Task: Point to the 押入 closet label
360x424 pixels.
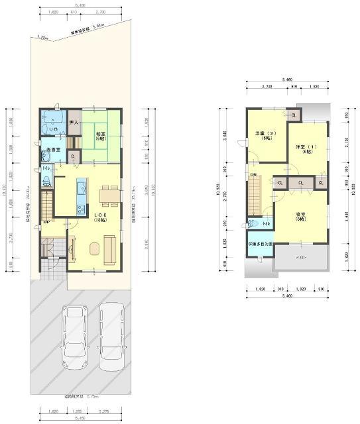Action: (x=74, y=123)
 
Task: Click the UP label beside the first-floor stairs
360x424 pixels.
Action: (x=46, y=221)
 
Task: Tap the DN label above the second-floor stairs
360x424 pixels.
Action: (x=253, y=175)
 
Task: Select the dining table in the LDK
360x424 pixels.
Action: (x=109, y=194)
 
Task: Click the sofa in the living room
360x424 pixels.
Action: (x=110, y=250)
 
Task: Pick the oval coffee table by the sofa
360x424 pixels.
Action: (x=93, y=249)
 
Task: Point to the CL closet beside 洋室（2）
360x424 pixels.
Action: (x=294, y=115)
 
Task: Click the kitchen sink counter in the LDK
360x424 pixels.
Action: (x=82, y=197)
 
